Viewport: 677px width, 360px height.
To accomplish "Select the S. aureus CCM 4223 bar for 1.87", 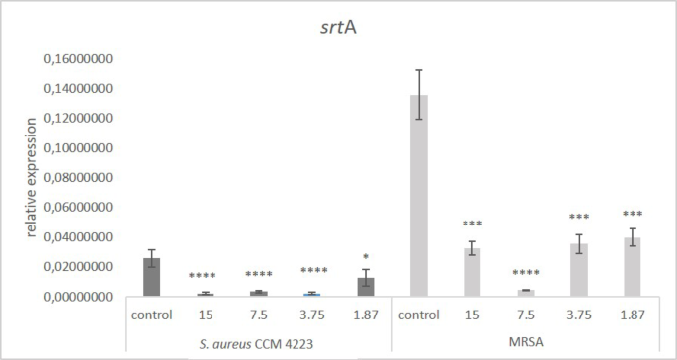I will click(x=366, y=287).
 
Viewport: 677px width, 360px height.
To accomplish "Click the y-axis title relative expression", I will click(x=31, y=178).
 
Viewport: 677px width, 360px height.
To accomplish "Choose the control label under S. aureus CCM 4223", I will click(x=151, y=315).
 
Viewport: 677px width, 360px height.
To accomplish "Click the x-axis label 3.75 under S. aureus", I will click(x=312, y=315).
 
